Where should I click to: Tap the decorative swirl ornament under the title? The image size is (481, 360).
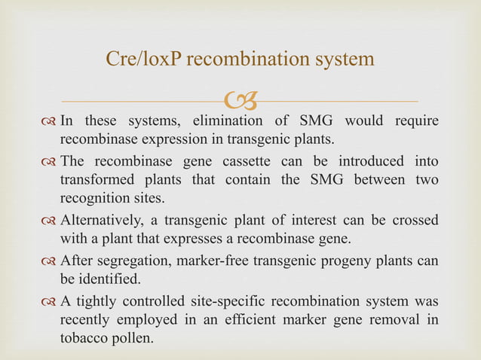(x=241, y=98)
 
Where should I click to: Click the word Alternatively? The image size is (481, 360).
(x=105, y=220)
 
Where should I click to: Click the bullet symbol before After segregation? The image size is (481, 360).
(x=50, y=260)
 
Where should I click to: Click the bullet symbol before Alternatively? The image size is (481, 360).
(x=50, y=220)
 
